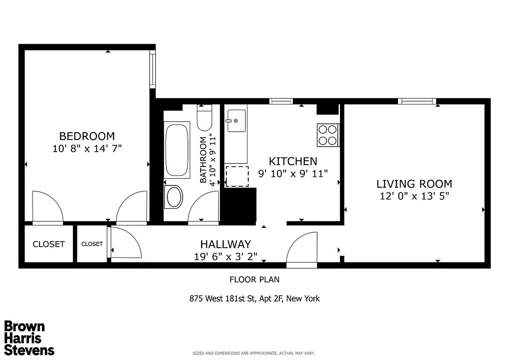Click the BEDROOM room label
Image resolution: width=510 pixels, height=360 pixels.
pos(87,136)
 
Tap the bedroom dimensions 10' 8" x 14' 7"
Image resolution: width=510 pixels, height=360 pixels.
pos(87,148)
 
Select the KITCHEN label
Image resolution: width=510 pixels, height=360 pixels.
pos(293,161)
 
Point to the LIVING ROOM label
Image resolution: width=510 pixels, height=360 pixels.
pos(414,184)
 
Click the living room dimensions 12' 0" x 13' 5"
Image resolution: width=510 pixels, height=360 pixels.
pos(414,196)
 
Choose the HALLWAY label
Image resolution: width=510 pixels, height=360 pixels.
pos(225,244)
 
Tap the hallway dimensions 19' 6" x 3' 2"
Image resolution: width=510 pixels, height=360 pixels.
pos(225,256)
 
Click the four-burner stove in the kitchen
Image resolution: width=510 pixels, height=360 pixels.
pos(327,135)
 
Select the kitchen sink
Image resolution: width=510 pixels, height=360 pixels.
pos(236,121)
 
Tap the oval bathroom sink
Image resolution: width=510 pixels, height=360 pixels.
pos(174,197)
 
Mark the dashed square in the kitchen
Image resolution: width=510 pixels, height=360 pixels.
pos(237,176)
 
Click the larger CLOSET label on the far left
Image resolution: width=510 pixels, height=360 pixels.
pos(49,244)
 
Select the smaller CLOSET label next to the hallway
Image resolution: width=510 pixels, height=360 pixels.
pos(92,244)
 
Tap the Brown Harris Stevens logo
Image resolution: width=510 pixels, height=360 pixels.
pos(29,338)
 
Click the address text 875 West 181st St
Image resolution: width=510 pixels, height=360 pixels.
pos(255,298)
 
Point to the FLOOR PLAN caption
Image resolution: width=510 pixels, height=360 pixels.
pos(255,279)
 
